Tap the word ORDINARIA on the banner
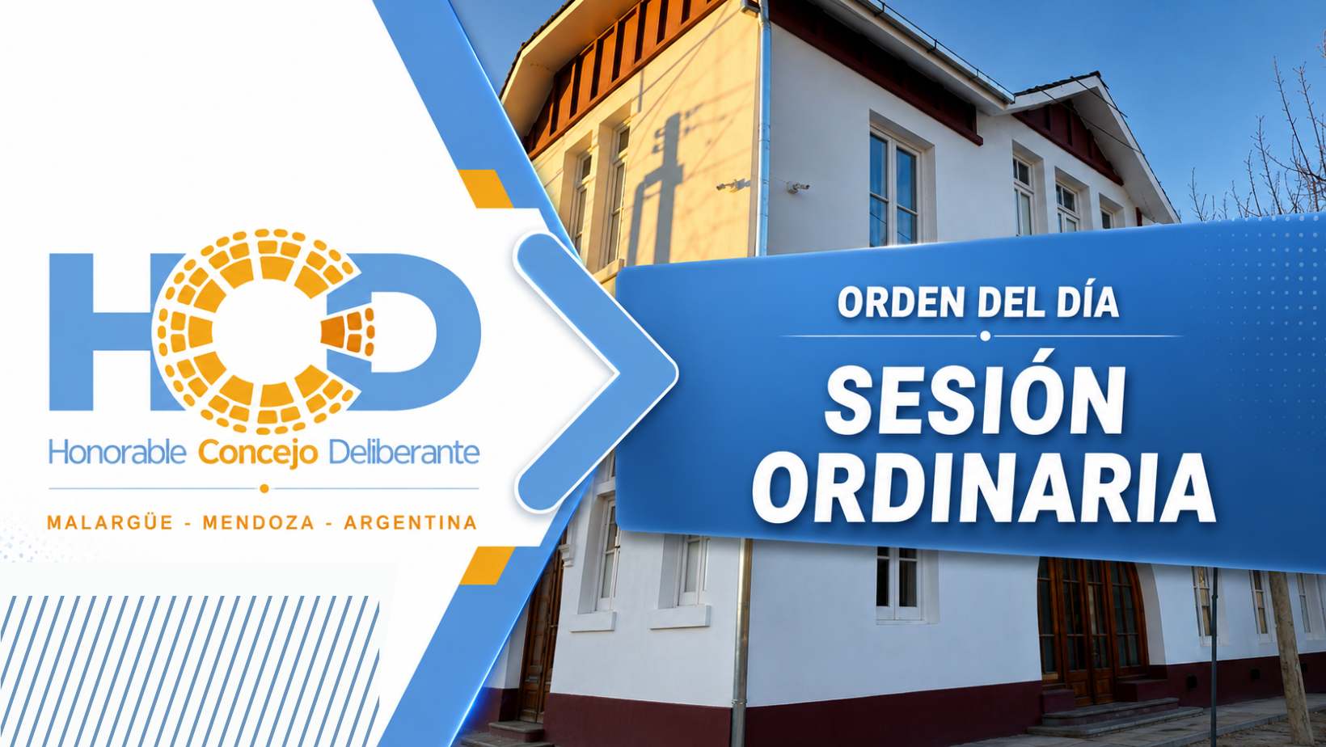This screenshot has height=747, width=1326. (x=983, y=488)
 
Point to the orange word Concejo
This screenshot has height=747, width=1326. (x=258, y=454)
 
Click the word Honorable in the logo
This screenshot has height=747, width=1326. (x=117, y=453)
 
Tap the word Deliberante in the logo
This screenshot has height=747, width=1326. (x=403, y=453)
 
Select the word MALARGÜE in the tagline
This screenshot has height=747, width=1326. (x=109, y=522)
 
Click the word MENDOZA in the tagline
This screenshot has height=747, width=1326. (x=259, y=523)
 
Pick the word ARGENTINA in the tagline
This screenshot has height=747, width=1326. (x=411, y=523)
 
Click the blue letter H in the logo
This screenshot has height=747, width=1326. (x=100, y=332)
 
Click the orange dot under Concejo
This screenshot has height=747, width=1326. (x=264, y=488)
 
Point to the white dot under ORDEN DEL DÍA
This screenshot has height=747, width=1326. (x=985, y=336)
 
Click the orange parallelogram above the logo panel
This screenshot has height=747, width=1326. (x=485, y=189)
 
